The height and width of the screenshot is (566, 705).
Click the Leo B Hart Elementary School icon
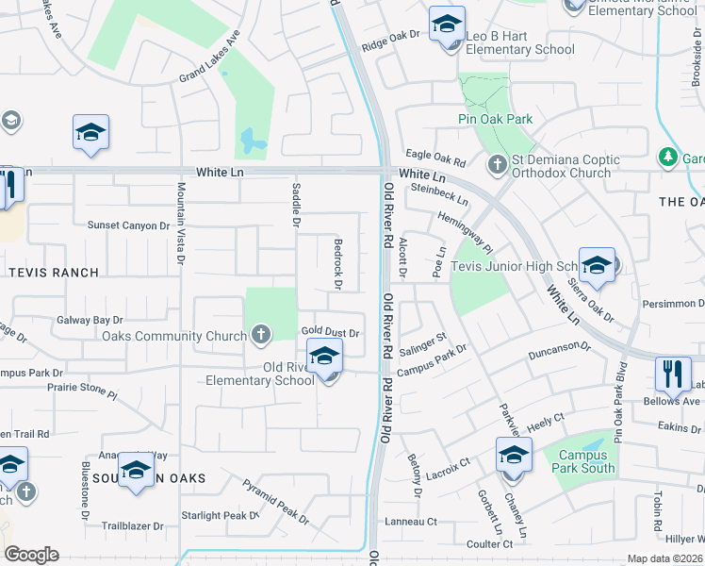pyautogui.click(x=448, y=24)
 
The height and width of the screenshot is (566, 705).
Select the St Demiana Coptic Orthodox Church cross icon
pyautogui.click(x=498, y=165)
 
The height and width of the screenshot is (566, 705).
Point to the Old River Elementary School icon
pyautogui.click(x=324, y=357)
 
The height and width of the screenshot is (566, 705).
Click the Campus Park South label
pyautogui.click(x=583, y=461)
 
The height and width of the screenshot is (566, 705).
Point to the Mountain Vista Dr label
pyautogui.click(x=178, y=223)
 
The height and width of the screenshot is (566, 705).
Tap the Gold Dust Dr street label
pyautogui.click(x=331, y=333)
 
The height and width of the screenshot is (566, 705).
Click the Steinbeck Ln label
pyautogui.click(x=439, y=194)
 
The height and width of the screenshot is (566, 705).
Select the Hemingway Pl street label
pyautogui.click(x=464, y=232)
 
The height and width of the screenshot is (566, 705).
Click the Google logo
pyautogui.click(x=31, y=554)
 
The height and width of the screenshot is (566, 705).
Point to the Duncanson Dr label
pyautogui.click(x=559, y=347)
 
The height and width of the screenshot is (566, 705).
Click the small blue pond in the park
pyautogui.click(x=253, y=141)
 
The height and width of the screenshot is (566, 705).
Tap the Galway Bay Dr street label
pyautogui.click(x=90, y=321)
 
